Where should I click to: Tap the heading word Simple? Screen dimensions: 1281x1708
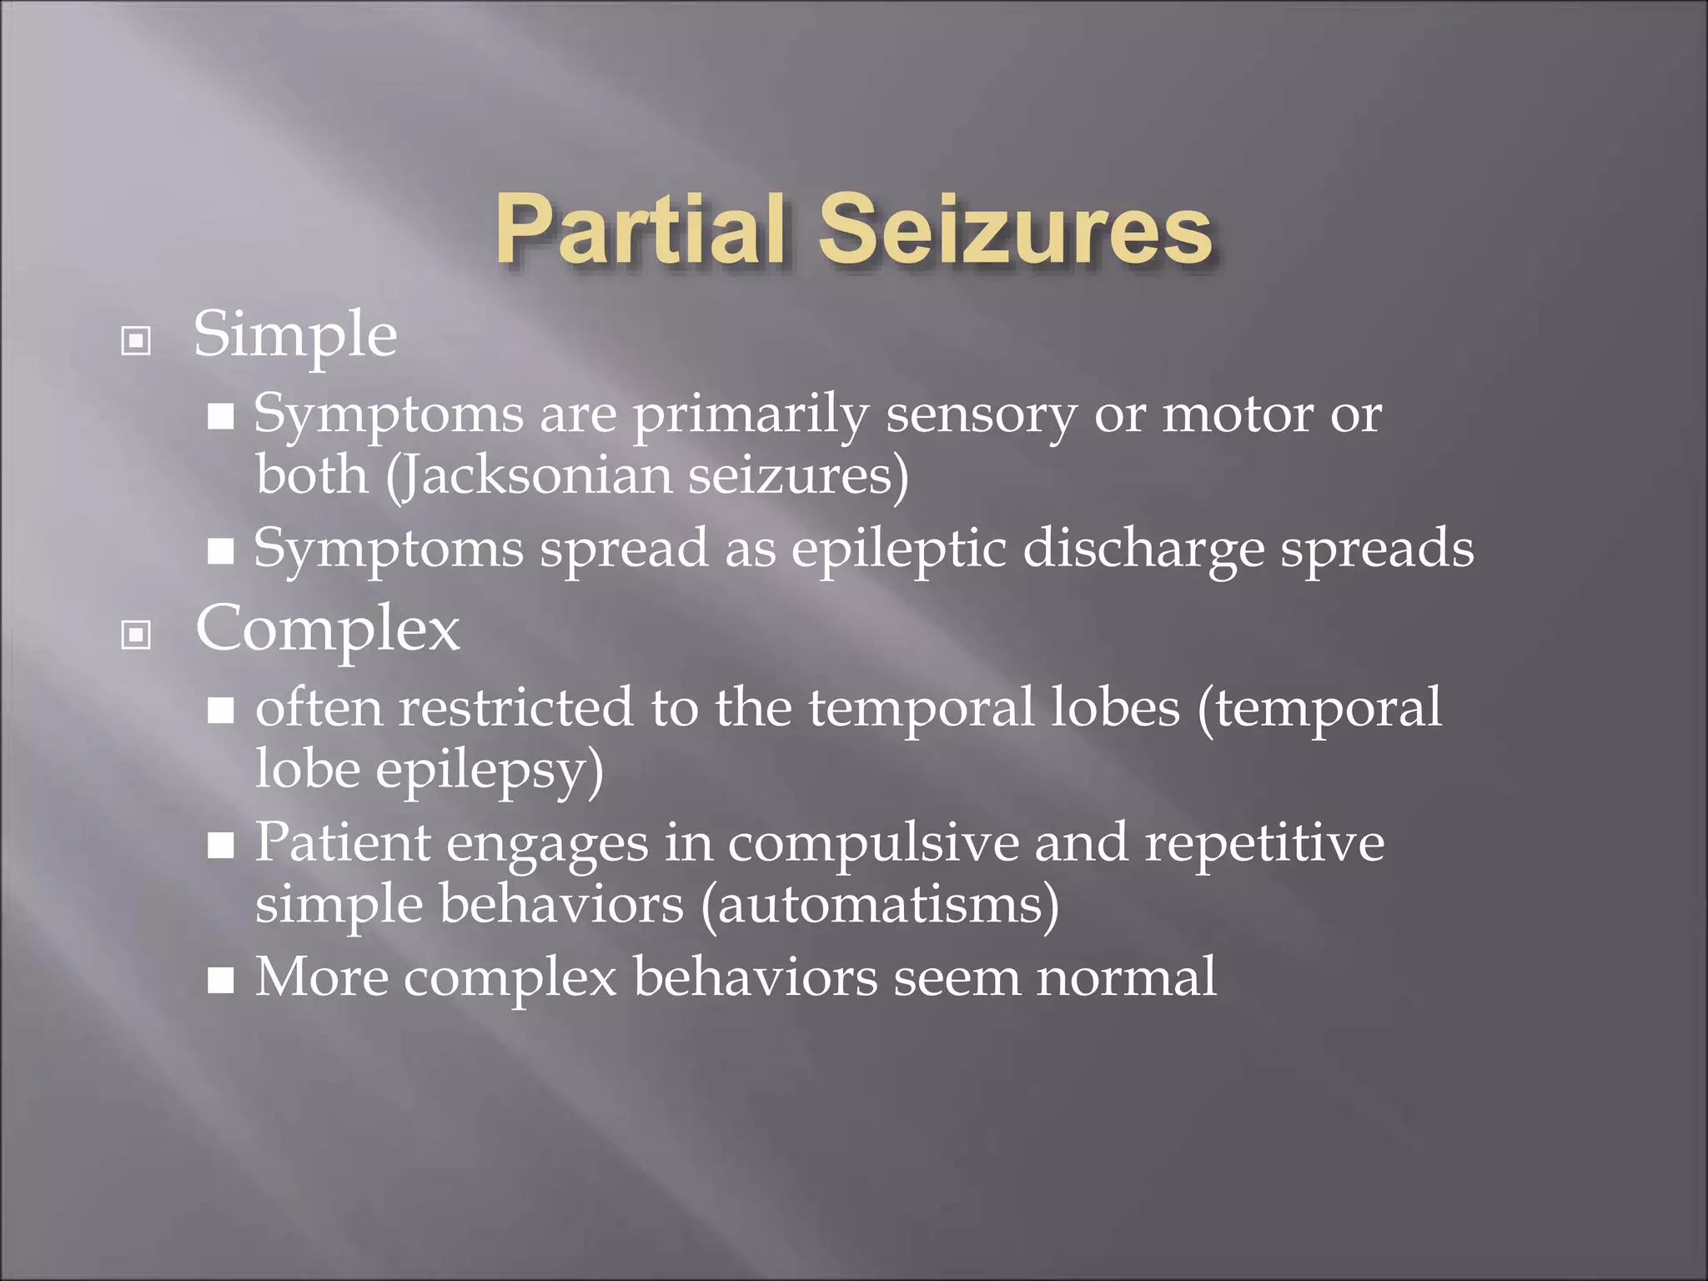click(x=295, y=335)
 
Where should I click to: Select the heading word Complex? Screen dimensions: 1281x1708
click(x=327, y=630)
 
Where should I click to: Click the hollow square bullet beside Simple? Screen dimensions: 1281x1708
click(x=136, y=340)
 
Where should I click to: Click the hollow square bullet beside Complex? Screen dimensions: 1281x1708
click(x=136, y=635)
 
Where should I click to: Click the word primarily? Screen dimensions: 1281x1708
click(x=750, y=414)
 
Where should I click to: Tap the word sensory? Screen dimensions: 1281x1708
click(x=981, y=414)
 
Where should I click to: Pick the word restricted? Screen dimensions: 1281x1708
click(x=515, y=707)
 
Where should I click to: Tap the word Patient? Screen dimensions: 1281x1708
click(x=343, y=842)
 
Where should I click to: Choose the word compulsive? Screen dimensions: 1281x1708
click(x=873, y=842)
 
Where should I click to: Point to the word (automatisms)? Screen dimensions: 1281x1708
click(x=880, y=905)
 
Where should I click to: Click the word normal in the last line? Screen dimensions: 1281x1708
click(x=1126, y=977)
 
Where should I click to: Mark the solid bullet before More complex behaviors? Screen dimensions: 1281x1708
click(x=221, y=982)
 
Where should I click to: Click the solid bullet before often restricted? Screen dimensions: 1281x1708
click(x=221, y=711)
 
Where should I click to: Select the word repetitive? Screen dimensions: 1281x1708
click(x=1264, y=842)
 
